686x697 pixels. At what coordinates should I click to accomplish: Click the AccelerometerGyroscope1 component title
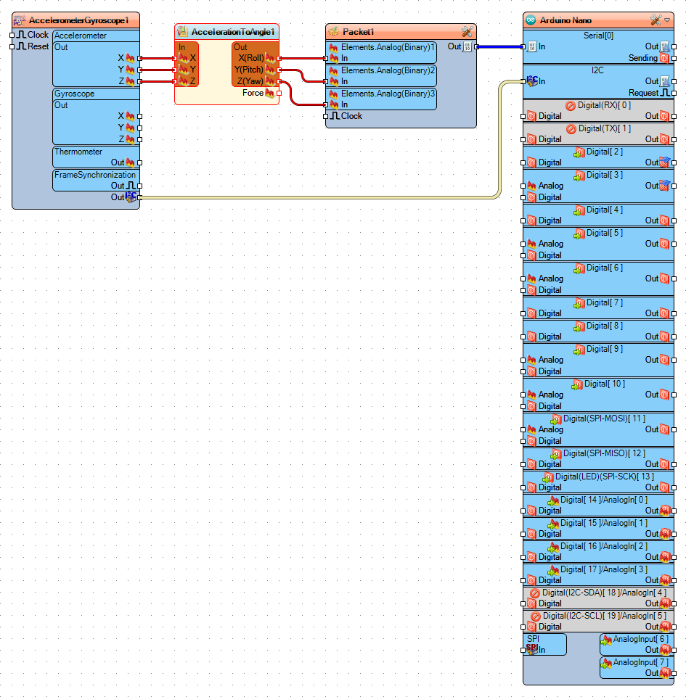point(73,20)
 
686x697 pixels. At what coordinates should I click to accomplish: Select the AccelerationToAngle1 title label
point(233,32)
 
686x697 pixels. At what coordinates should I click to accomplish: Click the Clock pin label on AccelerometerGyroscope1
point(38,35)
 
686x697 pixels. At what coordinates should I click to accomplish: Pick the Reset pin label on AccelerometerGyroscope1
point(38,46)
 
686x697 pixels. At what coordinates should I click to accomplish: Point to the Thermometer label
point(78,152)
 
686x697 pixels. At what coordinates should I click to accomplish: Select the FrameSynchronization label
point(94,175)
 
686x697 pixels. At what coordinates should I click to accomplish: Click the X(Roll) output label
point(250,58)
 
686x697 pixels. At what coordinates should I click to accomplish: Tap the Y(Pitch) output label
point(248,70)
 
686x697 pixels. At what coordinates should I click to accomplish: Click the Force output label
point(253,93)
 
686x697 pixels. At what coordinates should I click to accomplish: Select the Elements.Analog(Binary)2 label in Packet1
point(388,70)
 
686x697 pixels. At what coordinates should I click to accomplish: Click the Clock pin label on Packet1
point(351,116)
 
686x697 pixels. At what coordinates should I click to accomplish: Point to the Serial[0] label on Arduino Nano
point(598,36)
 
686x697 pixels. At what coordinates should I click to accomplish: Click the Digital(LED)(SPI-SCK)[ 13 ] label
point(604,477)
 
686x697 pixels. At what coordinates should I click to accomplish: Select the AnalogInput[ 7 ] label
point(640,662)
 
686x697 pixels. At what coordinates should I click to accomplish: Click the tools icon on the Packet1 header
point(467,32)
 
